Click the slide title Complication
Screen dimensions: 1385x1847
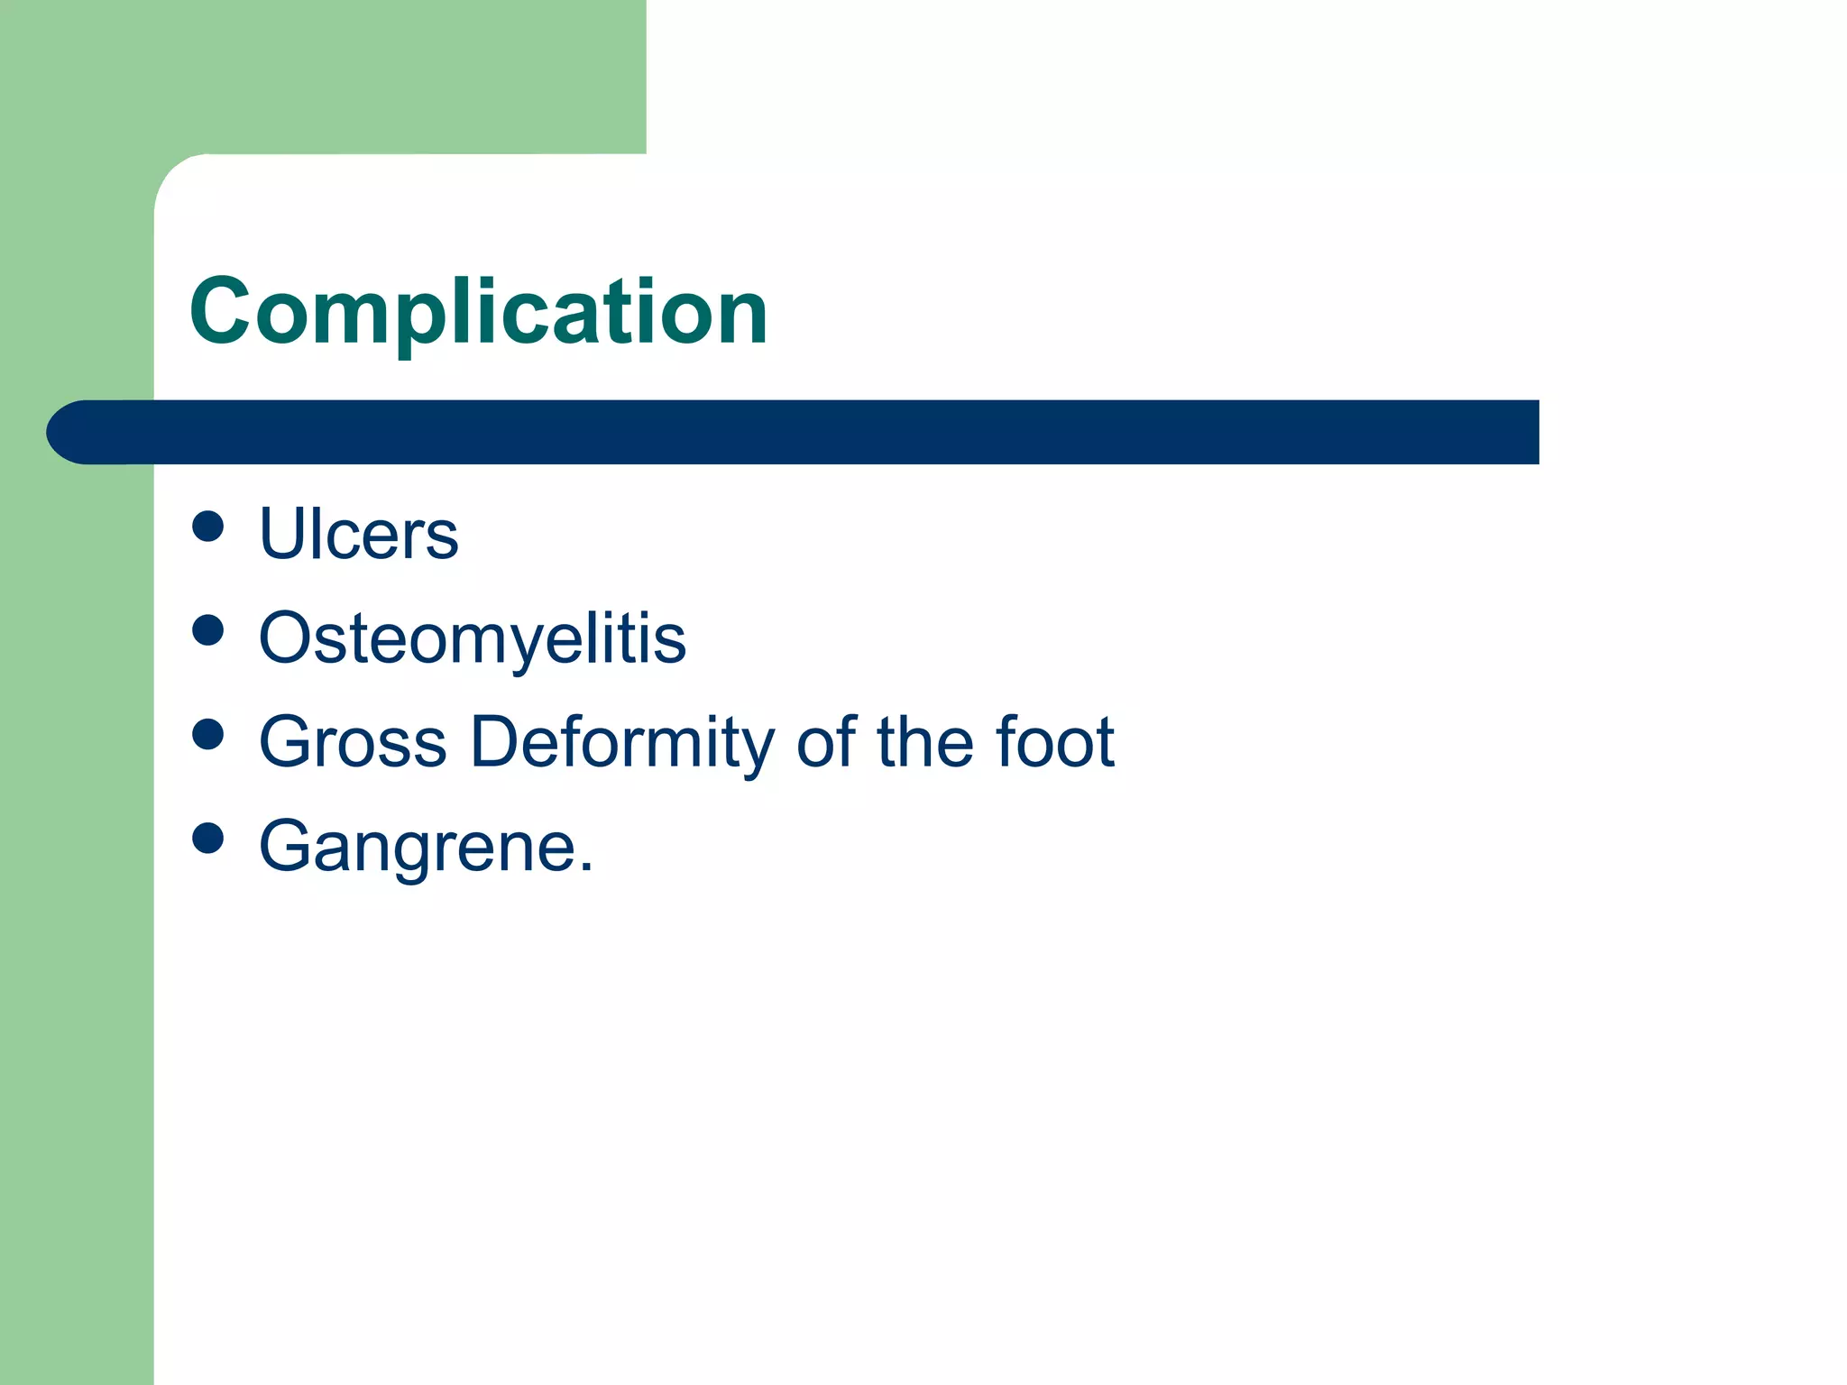(x=478, y=312)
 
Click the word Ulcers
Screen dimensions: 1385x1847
(x=358, y=534)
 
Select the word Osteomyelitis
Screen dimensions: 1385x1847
(x=473, y=638)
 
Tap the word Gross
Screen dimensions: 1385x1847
(x=353, y=742)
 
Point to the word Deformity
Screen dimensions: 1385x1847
(x=622, y=742)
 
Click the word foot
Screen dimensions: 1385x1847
(x=1055, y=742)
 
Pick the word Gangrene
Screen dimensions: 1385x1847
(x=418, y=846)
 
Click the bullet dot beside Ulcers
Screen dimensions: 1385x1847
(x=208, y=527)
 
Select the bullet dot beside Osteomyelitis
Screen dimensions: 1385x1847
(x=208, y=630)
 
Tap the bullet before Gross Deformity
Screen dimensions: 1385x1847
(x=208, y=734)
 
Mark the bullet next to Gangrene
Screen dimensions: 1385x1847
(x=208, y=838)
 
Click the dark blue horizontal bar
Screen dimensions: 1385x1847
(x=812, y=432)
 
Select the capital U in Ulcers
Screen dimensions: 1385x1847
(x=282, y=534)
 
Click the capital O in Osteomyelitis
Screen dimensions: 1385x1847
(x=288, y=638)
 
